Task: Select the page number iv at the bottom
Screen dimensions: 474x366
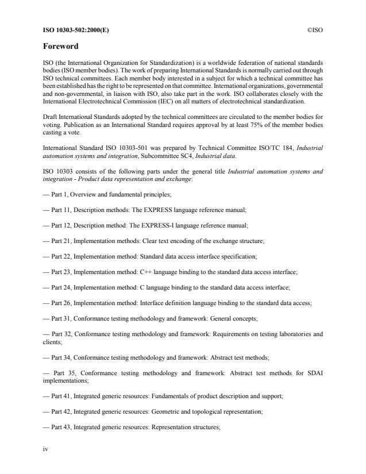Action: tap(45, 449)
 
